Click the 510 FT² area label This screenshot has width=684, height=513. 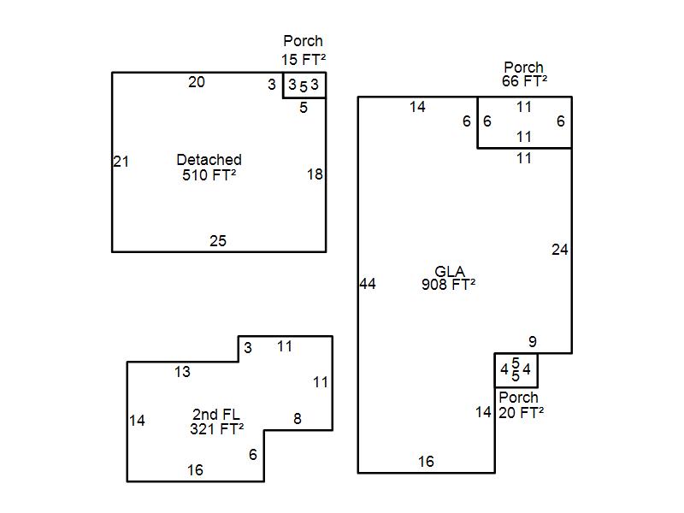(209, 175)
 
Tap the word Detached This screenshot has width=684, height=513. (209, 160)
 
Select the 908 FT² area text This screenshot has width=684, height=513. (449, 286)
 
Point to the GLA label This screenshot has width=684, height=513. (449, 273)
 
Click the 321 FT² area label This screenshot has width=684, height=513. (216, 429)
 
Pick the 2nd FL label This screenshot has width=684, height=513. (216, 415)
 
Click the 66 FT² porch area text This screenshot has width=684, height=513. (524, 81)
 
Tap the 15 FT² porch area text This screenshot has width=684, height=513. (304, 59)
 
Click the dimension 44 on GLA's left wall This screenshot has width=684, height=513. (368, 285)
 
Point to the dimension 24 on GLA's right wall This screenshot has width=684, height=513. (559, 251)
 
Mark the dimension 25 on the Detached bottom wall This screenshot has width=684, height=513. (218, 241)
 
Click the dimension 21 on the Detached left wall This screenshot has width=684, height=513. (121, 162)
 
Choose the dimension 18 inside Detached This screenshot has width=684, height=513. (315, 174)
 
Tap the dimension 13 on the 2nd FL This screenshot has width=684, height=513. (182, 372)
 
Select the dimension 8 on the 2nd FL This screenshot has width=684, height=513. (298, 419)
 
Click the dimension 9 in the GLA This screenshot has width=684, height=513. (532, 342)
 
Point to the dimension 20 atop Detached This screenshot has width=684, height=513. (197, 82)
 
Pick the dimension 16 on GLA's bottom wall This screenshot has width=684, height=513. (426, 462)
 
